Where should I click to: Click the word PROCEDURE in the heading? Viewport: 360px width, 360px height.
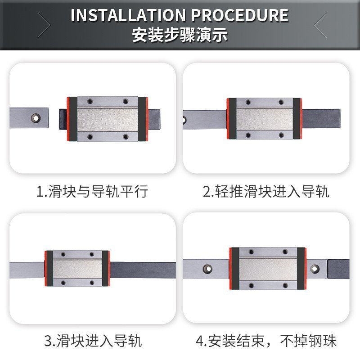(240, 15)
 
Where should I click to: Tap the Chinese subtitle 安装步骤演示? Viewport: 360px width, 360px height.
(180, 35)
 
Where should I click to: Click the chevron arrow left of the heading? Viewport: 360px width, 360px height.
(45, 25)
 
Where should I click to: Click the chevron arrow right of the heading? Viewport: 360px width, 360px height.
(320, 25)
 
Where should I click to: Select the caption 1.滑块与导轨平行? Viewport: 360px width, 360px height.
(92, 192)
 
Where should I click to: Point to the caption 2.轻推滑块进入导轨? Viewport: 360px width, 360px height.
(266, 192)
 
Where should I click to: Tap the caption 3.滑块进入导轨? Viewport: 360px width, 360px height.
(93, 341)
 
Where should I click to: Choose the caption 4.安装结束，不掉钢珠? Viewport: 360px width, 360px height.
(266, 341)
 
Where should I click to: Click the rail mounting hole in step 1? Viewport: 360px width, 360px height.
(35, 118)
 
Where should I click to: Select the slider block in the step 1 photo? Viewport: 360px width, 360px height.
(107, 118)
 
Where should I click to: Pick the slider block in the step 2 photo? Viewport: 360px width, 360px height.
(264, 119)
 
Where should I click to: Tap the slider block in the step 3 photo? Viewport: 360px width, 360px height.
(77, 269)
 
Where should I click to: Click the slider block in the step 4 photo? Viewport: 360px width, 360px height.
(267, 268)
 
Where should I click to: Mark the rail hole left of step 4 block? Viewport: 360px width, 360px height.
(208, 268)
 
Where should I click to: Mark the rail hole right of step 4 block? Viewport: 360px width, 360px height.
(315, 268)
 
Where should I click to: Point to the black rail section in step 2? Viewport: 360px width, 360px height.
(320, 119)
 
